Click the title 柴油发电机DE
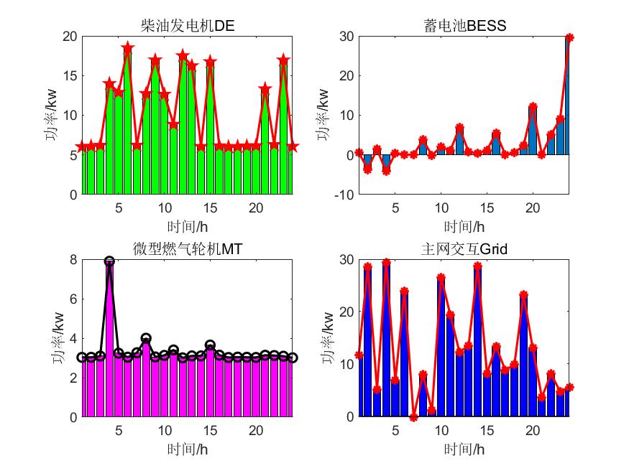coord(188,27)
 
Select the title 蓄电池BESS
coord(465,27)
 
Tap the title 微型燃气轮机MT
coord(188,249)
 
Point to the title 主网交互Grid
coord(465,249)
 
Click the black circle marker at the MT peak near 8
coord(109,261)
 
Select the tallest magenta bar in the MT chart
coord(109,337)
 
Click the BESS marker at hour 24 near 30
coord(569,37)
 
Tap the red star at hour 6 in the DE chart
coord(128,48)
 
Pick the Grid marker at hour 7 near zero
coord(413,416)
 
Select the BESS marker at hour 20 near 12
coord(533,106)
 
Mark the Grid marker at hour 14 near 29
coord(477,266)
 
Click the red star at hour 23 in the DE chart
coord(283,60)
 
